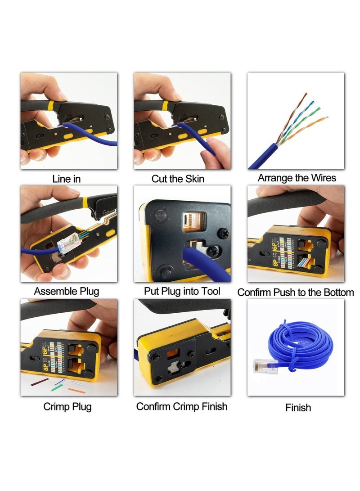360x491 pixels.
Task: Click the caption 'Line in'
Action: (67, 179)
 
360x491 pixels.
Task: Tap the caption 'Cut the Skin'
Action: (178, 179)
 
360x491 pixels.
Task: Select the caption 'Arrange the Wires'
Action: (297, 178)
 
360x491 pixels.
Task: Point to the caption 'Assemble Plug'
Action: (67, 291)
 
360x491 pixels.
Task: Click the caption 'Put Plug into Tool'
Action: (182, 291)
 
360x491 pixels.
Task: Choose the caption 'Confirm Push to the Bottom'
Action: (296, 293)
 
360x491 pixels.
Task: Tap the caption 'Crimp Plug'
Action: (67, 406)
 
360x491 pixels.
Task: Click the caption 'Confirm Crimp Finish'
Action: (182, 406)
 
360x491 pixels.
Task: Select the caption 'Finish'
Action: (298, 408)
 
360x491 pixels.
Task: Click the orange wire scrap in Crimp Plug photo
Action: (76, 390)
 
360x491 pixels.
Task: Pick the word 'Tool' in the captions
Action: (211, 291)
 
